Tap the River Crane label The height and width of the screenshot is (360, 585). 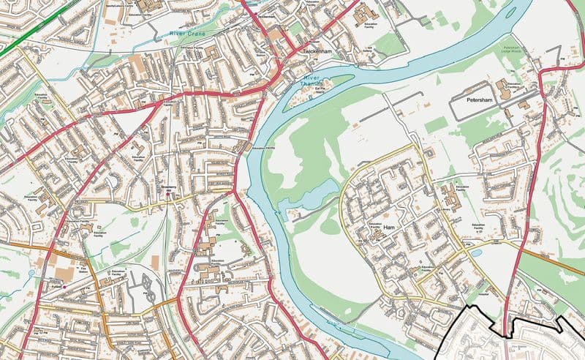(189, 34)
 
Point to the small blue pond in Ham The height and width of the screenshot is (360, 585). (477, 252)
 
